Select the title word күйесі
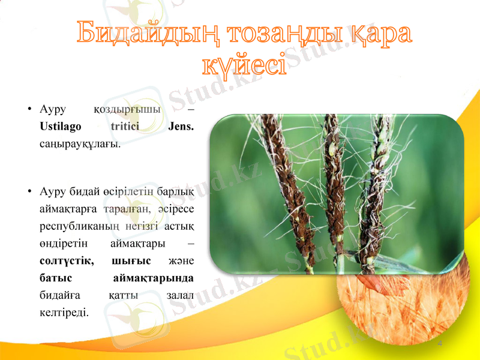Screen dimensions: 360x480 (x=243, y=63)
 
